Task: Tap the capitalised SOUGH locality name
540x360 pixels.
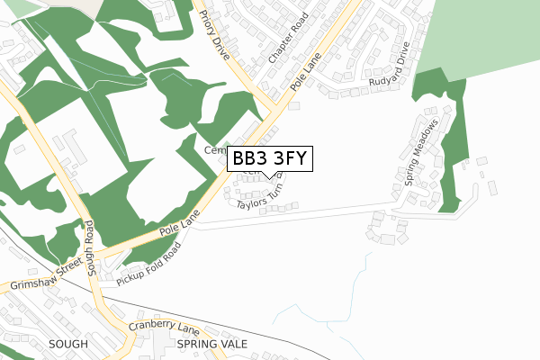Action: pos(67,344)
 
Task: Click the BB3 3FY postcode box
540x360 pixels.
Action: pos(270,159)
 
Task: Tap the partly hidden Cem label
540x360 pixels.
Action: pos(215,149)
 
